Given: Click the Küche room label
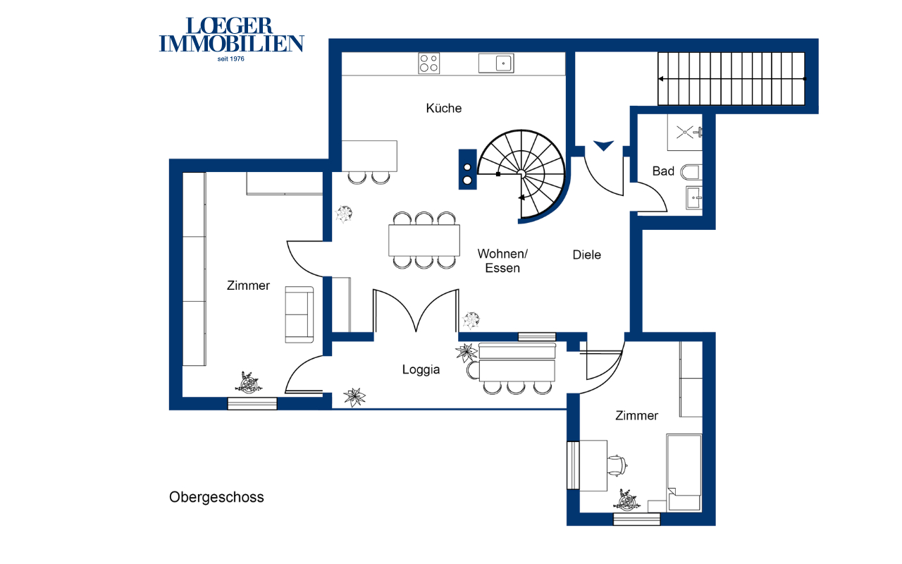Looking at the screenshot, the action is coord(444,108).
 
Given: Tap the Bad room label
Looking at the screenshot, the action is coord(663,171).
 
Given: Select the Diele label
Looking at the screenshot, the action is coord(587,255).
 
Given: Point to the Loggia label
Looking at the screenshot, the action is coord(421,369).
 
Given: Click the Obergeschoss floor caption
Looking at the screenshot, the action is coord(216,497).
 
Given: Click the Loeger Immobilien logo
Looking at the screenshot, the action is coord(232,39).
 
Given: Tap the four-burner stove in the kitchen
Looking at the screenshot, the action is coord(429,63).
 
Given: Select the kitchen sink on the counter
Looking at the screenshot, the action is coord(496,63).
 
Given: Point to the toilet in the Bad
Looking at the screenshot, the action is coord(691,173).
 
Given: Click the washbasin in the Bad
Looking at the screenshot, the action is coord(694,198).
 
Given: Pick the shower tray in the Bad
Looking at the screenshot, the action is coord(685,132).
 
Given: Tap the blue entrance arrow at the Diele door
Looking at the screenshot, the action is coord(603,145).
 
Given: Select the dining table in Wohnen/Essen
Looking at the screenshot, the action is coord(424,240).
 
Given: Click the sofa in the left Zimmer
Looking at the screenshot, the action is coord(299,314).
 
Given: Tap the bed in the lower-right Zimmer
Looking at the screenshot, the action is coord(684,472).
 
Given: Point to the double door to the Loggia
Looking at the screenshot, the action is coord(416,311).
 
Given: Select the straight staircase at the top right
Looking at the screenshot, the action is coord(731,79).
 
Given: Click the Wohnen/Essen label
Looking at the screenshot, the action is coord(502,261).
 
